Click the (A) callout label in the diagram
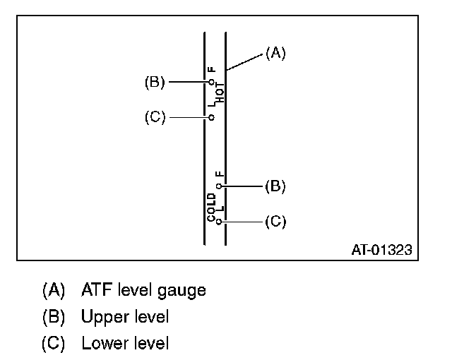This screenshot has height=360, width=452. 275,52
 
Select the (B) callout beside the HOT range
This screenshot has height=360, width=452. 155,82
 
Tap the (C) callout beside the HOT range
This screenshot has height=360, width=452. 155,117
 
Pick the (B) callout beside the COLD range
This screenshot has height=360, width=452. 275,186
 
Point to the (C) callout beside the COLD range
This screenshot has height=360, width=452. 275,222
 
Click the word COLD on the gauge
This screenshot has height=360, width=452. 211,206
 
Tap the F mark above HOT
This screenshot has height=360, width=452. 211,70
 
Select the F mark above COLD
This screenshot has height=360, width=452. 220,174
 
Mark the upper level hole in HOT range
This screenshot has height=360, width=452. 211,82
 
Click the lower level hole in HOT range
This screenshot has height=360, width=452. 211,117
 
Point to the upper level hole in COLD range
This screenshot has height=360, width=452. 220,186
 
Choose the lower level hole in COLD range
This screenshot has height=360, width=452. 220,222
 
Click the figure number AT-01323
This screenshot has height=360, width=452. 381,250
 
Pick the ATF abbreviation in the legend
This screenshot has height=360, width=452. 96,290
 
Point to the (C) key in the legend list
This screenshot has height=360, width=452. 54,344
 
